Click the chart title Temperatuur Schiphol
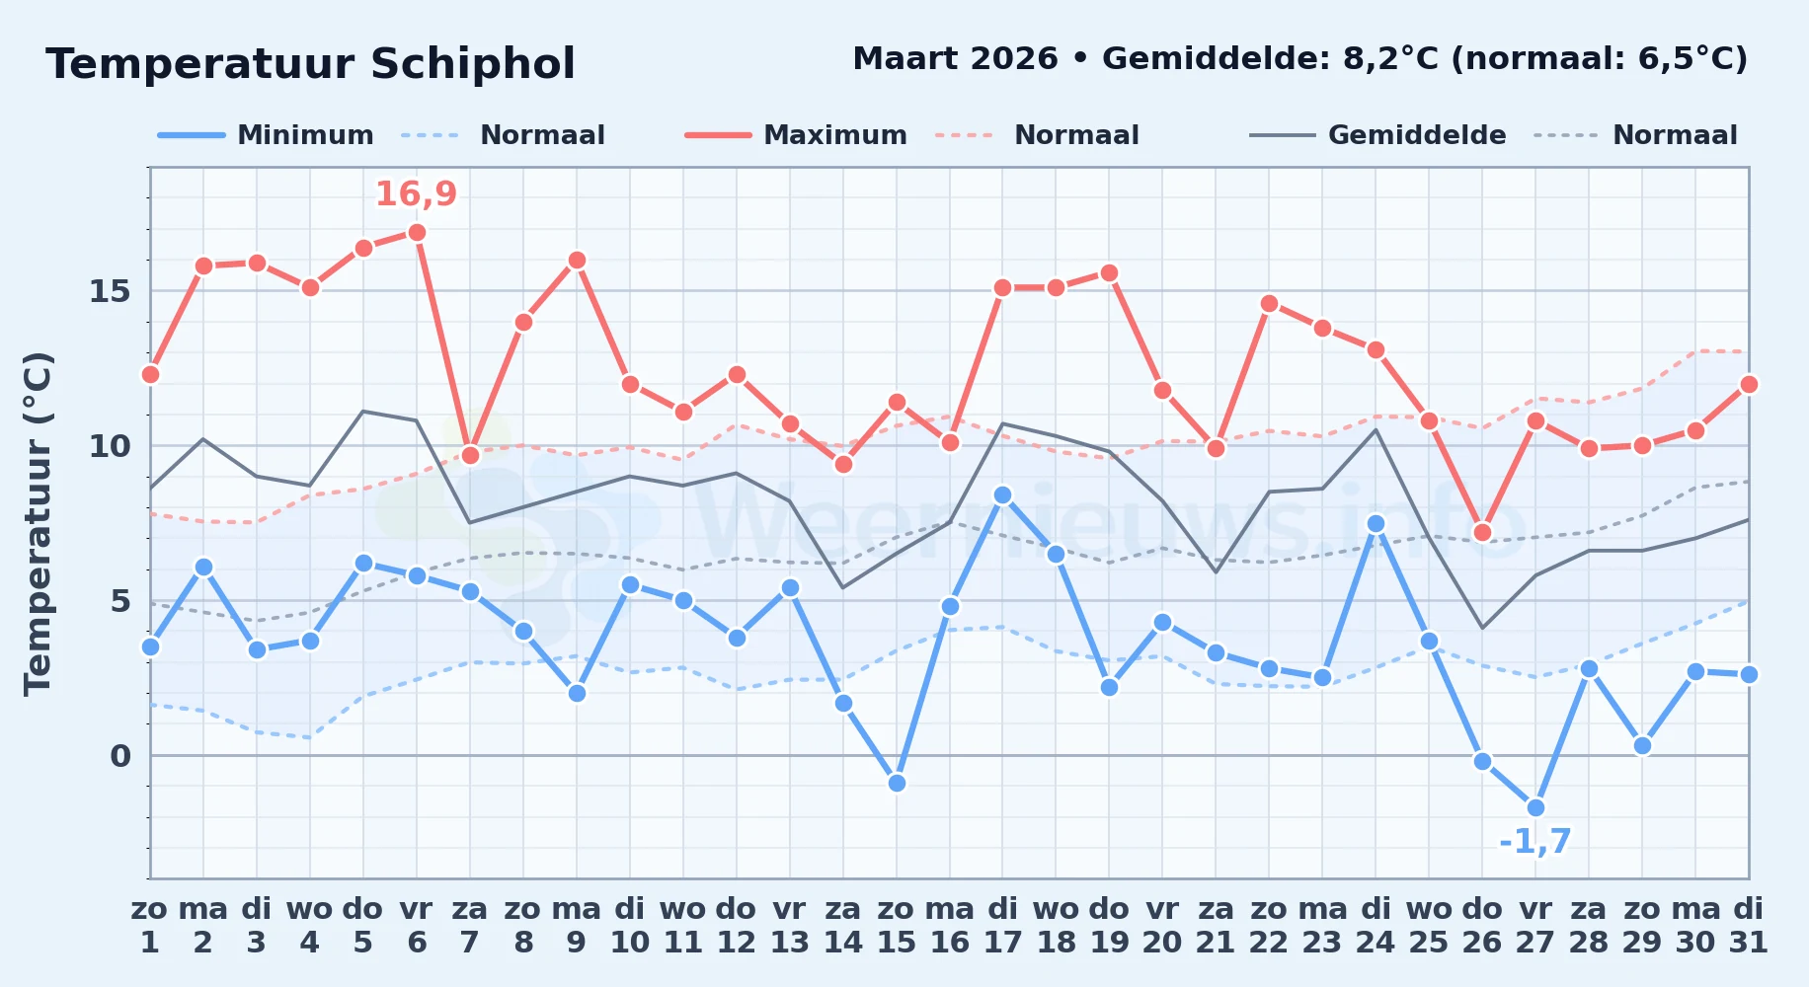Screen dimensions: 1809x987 (x=310, y=64)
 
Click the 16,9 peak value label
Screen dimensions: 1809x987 (x=416, y=193)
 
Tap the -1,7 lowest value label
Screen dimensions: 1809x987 (x=1534, y=841)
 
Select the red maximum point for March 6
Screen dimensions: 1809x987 (x=417, y=232)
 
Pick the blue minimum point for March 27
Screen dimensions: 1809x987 (x=1535, y=807)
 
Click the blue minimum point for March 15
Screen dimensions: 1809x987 (x=897, y=783)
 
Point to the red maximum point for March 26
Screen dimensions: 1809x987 (x=1482, y=532)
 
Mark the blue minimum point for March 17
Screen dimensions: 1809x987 (x=1002, y=494)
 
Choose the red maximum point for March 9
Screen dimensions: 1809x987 (x=577, y=260)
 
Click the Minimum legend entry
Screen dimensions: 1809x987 (x=266, y=135)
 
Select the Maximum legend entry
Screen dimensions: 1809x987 (x=796, y=135)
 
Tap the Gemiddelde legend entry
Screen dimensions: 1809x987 (x=1377, y=135)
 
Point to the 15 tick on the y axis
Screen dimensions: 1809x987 (x=110, y=291)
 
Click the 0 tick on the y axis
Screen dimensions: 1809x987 (x=120, y=756)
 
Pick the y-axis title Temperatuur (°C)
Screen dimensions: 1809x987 (x=38, y=523)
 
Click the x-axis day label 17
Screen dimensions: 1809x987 (x=1002, y=943)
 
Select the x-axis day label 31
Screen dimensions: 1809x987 (x=1748, y=943)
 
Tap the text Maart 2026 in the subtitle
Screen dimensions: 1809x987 (x=955, y=58)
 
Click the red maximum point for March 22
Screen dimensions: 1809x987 (x=1269, y=303)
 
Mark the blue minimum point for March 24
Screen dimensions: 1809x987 (x=1376, y=523)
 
